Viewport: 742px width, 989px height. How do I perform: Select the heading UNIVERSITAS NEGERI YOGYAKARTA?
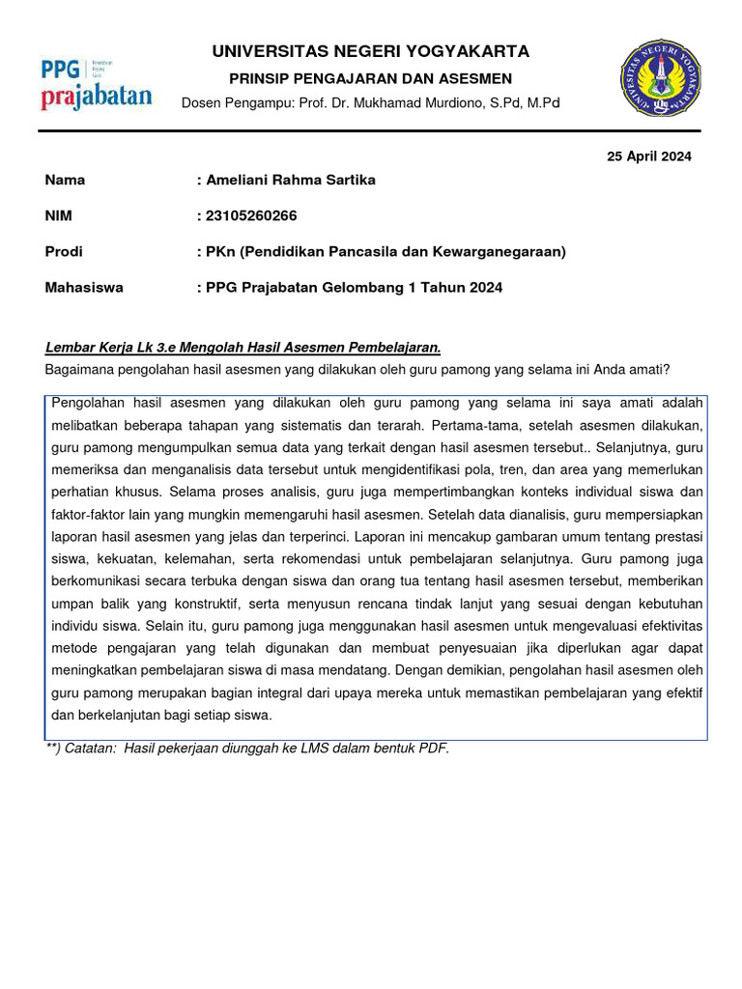coord(371,51)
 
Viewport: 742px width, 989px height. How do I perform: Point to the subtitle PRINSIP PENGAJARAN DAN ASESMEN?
coord(371,78)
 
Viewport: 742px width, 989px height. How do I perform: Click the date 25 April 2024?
coord(648,156)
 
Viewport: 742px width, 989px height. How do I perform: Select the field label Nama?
coord(65,180)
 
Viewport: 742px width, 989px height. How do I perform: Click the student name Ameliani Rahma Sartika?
coord(289,180)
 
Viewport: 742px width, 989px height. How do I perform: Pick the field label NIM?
coord(59,215)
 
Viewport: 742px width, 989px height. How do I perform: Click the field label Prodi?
coord(64,251)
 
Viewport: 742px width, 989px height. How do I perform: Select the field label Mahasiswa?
coord(84,287)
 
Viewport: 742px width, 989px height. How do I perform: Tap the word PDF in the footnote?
coord(434,748)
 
